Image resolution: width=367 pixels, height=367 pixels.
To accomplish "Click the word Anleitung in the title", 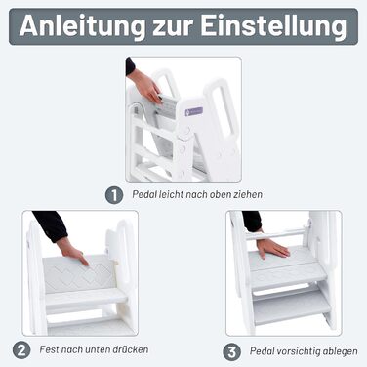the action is [82, 26].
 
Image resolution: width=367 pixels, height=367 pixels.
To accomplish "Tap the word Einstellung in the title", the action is [273, 26].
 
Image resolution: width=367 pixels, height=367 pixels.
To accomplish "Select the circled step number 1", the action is [114, 195].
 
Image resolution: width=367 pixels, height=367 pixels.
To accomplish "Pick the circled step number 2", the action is [21, 350].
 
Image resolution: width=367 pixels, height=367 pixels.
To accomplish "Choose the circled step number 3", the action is [232, 352].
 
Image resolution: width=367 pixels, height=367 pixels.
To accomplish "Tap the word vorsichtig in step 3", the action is [298, 351].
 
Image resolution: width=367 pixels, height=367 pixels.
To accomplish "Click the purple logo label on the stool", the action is [194, 111].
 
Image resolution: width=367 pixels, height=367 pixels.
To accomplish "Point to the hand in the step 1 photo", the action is [145, 86].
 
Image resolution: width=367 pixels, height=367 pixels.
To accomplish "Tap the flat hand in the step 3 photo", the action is [272, 248].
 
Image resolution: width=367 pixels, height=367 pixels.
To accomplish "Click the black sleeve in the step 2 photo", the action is [51, 225].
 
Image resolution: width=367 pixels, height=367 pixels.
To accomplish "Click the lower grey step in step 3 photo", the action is [292, 306].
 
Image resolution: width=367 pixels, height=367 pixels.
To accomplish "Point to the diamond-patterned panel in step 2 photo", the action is [79, 273].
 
